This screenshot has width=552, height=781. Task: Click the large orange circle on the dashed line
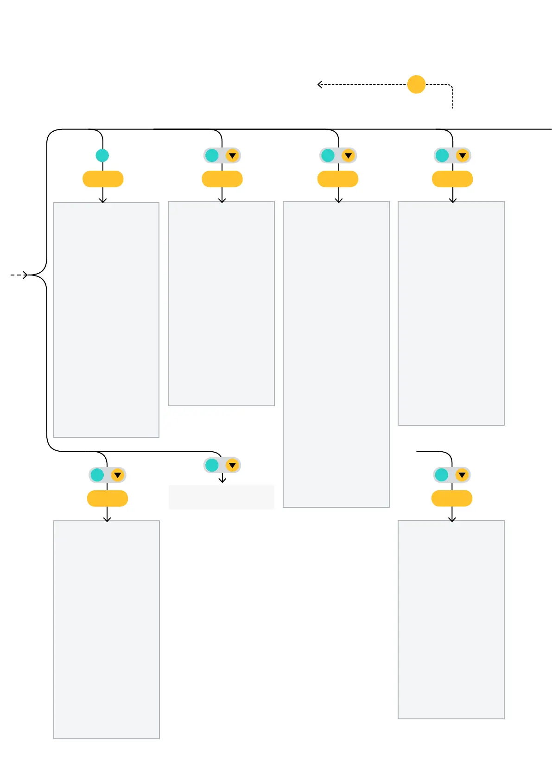pos(416,84)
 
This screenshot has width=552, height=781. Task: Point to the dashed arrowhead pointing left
pos(320,84)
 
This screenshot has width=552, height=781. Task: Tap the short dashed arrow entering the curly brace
pos(19,275)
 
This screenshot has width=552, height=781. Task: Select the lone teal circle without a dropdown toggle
pos(102,155)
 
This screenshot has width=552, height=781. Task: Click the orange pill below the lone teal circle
pos(103,179)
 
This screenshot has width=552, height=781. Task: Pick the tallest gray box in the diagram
pos(336,354)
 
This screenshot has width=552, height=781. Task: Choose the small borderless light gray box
pos(222,497)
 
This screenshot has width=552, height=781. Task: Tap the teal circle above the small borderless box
pos(212,465)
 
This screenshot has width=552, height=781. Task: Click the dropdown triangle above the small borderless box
pos(232,465)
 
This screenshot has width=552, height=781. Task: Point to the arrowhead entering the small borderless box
pos(222,480)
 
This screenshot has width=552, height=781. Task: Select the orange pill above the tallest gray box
pos(338,179)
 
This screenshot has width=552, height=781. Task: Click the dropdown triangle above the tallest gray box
pos(348,156)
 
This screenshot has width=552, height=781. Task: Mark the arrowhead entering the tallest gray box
pos(339,200)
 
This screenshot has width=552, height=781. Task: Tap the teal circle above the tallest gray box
pos(328,155)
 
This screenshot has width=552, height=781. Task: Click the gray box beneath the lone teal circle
pos(106,320)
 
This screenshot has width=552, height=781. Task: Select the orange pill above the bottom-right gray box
pos(452,499)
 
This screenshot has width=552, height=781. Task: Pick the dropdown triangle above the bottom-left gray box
pos(118,475)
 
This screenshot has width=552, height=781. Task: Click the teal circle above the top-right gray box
pos(442,155)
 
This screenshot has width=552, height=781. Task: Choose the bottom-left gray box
pos(107,629)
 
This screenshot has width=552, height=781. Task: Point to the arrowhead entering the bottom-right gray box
pos(452,519)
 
